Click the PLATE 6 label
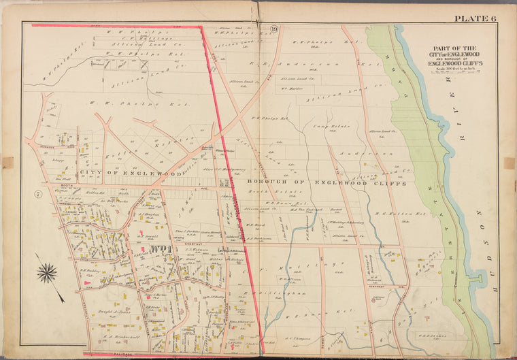476,18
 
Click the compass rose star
47,273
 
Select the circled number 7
38,195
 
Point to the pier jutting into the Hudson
476,278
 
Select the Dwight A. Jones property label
110,309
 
